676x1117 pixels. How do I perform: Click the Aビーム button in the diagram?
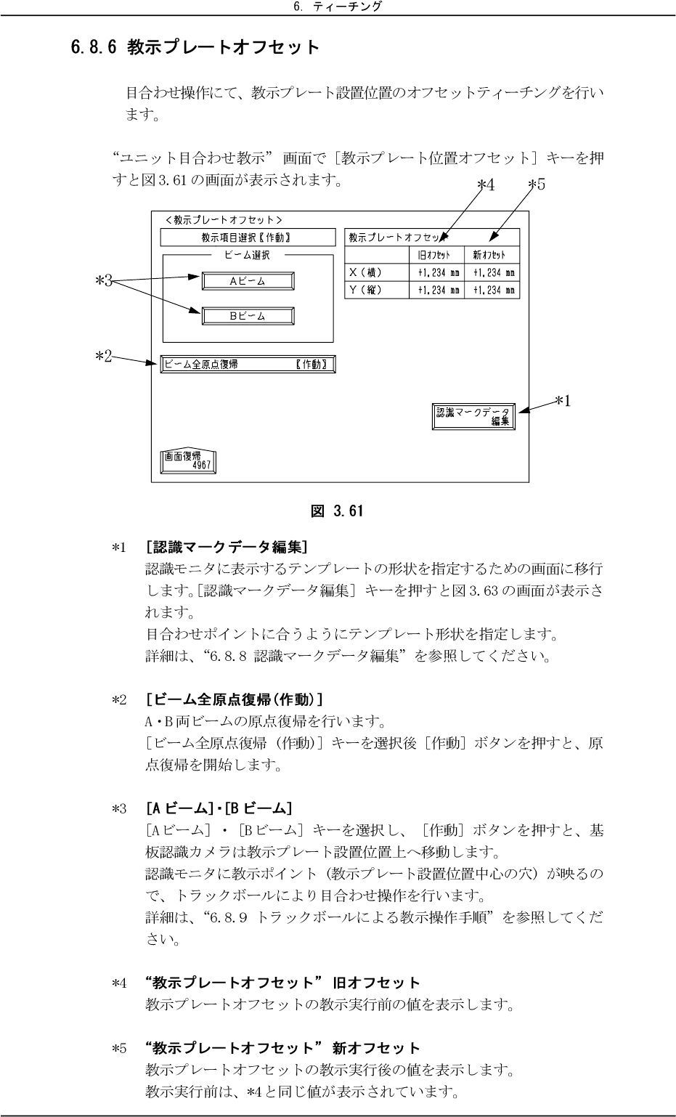coord(248,281)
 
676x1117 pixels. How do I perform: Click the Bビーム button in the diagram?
coord(248,316)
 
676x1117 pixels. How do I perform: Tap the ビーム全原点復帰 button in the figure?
coord(248,364)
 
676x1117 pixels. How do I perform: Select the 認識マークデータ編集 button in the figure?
coord(473,416)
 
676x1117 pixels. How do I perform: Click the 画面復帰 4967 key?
coord(189,461)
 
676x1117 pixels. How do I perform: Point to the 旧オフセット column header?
coord(433,255)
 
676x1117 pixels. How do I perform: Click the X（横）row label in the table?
coord(366,273)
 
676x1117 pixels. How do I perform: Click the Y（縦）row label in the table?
coord(366,290)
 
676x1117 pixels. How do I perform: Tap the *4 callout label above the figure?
coord(486,184)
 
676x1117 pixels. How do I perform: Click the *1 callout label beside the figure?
coord(561,400)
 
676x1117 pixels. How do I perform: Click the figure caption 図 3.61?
coord(337,511)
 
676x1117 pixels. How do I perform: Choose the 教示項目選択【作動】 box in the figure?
coord(247,237)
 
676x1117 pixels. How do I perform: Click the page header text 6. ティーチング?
coord(337,7)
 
